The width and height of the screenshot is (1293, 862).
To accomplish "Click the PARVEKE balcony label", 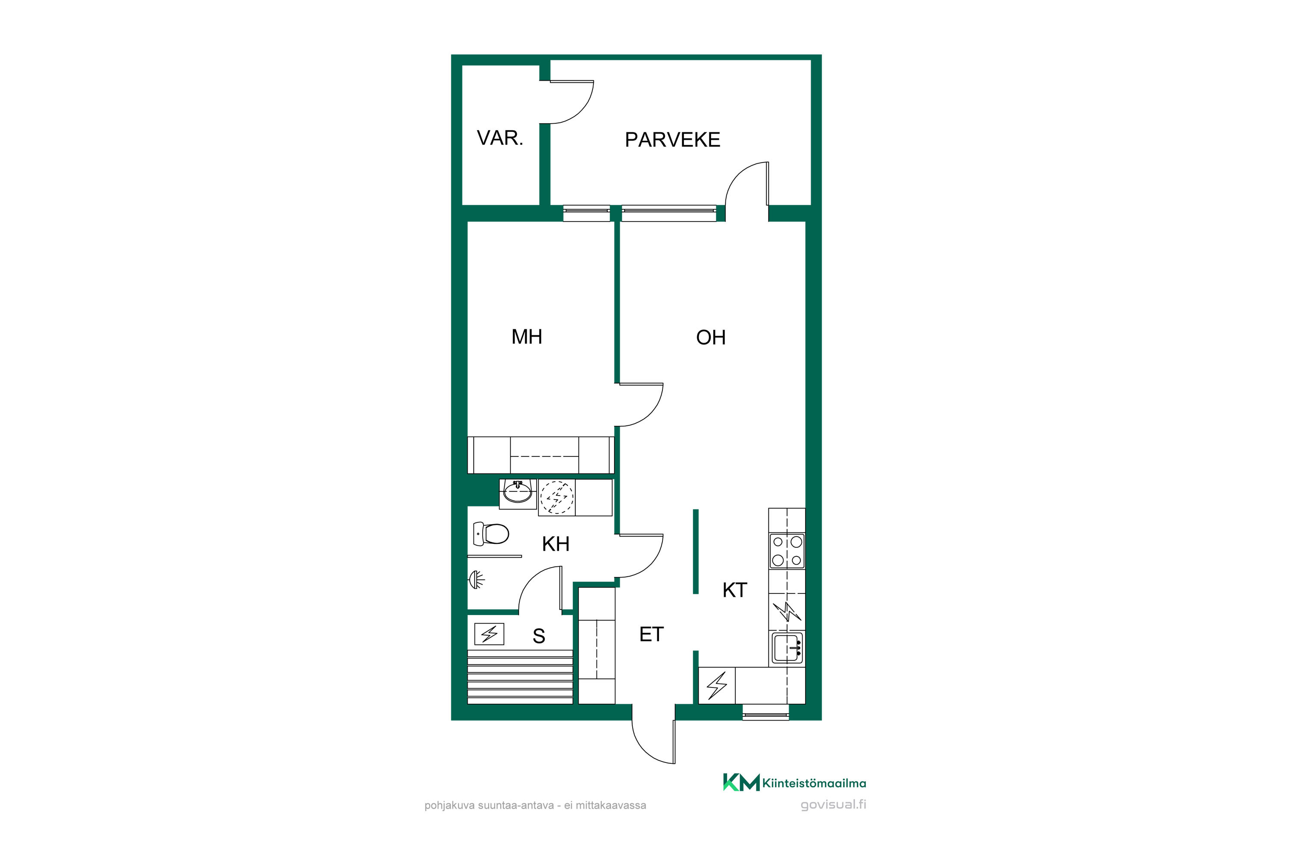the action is (672, 140).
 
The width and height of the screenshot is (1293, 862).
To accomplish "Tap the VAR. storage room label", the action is (500, 138).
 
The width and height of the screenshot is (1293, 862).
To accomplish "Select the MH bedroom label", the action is (527, 337).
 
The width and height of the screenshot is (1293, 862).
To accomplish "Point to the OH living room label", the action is (711, 337).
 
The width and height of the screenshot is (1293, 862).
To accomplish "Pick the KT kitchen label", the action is (734, 590).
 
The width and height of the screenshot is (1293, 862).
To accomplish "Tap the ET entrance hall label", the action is (651, 634).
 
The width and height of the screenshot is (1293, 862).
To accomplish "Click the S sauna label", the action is (539, 636).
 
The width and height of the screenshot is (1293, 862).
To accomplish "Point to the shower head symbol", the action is (476, 579).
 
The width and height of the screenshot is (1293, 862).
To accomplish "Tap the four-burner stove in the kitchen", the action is (787, 551).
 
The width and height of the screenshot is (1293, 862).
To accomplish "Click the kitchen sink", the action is (787, 648).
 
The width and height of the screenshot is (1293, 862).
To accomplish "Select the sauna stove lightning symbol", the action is (489, 634).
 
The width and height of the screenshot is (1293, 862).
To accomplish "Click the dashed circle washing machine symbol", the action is (556, 497).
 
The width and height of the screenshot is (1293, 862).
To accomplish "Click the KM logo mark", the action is (741, 782).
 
